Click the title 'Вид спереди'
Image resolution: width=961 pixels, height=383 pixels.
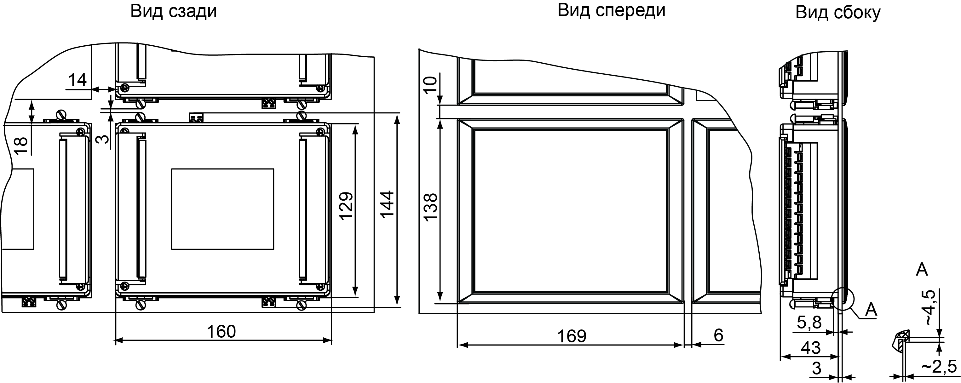coord(611,10)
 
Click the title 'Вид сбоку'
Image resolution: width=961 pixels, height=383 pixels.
coord(838,12)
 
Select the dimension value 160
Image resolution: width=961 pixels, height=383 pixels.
coord(221,331)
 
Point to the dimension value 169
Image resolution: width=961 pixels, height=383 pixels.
coord(572,336)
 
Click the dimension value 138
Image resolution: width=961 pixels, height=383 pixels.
coord(430,207)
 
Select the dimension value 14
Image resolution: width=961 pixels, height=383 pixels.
coord(78,80)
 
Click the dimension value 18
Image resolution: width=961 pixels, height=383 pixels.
coord(21,146)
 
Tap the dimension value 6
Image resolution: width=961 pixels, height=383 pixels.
coord(718,335)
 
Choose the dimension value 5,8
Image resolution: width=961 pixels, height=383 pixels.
coord(809,322)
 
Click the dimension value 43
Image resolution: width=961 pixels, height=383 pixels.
coord(811,348)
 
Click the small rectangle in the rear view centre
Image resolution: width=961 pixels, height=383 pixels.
coord(222,209)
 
